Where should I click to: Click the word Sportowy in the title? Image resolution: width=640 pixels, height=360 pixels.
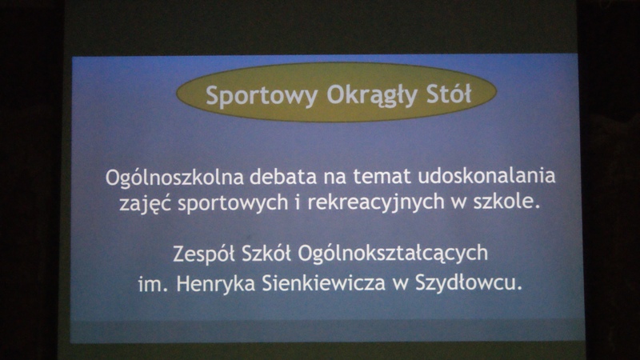tap(262, 96)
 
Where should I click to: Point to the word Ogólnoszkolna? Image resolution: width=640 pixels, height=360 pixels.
tap(174, 178)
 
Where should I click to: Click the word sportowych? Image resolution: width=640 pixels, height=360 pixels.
tap(233, 203)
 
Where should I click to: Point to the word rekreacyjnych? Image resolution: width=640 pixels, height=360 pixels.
tap(376, 202)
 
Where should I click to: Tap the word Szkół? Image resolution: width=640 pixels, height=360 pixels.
tap(266, 253)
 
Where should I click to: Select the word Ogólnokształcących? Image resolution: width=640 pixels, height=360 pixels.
tap(393, 254)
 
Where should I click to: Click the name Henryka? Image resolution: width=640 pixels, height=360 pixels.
tap(216, 284)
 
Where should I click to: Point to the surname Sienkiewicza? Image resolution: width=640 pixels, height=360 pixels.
tap(324, 283)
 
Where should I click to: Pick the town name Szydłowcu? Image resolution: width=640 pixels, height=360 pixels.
tap(469, 283)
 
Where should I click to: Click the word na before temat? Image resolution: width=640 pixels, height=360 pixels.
tap(335, 178)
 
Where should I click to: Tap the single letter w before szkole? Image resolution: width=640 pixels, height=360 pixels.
tap(458, 203)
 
